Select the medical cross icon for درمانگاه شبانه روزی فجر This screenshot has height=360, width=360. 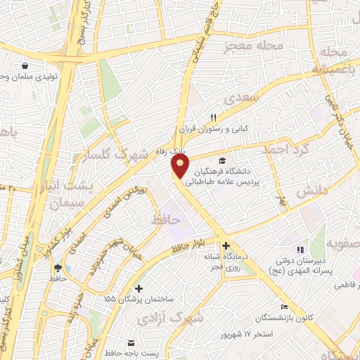coord(226,246)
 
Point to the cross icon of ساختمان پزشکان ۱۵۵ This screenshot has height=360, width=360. coord(139,288)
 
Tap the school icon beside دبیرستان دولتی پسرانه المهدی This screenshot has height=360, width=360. coord(300,250)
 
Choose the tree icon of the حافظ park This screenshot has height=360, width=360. coord(58,268)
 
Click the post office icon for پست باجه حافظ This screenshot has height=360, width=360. coord(131,342)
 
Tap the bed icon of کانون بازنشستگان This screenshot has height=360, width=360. coord(284,307)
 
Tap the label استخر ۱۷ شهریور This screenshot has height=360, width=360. coord(252,332)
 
